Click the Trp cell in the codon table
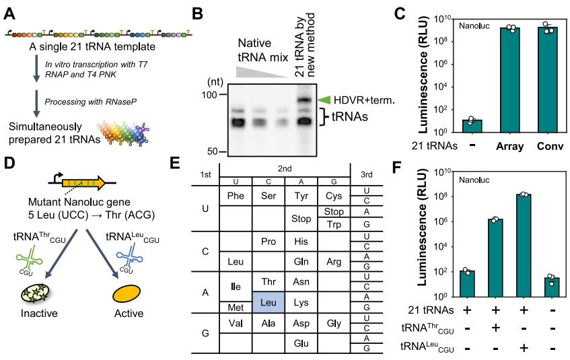point(334,223)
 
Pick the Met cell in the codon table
point(236,307)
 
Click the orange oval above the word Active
point(127,293)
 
